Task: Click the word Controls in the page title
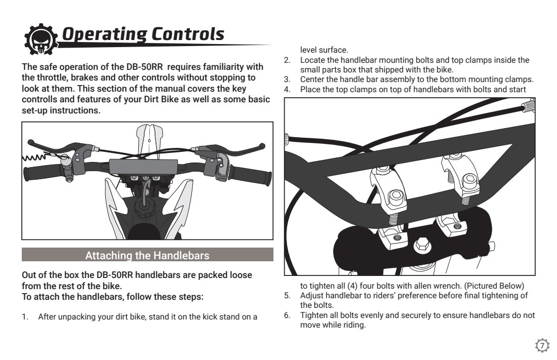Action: tap(188, 34)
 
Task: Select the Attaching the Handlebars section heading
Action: tap(147, 256)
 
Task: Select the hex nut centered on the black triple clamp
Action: tap(421, 246)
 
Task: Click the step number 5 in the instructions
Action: tap(287, 295)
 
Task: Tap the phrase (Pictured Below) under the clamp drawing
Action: tap(494, 286)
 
